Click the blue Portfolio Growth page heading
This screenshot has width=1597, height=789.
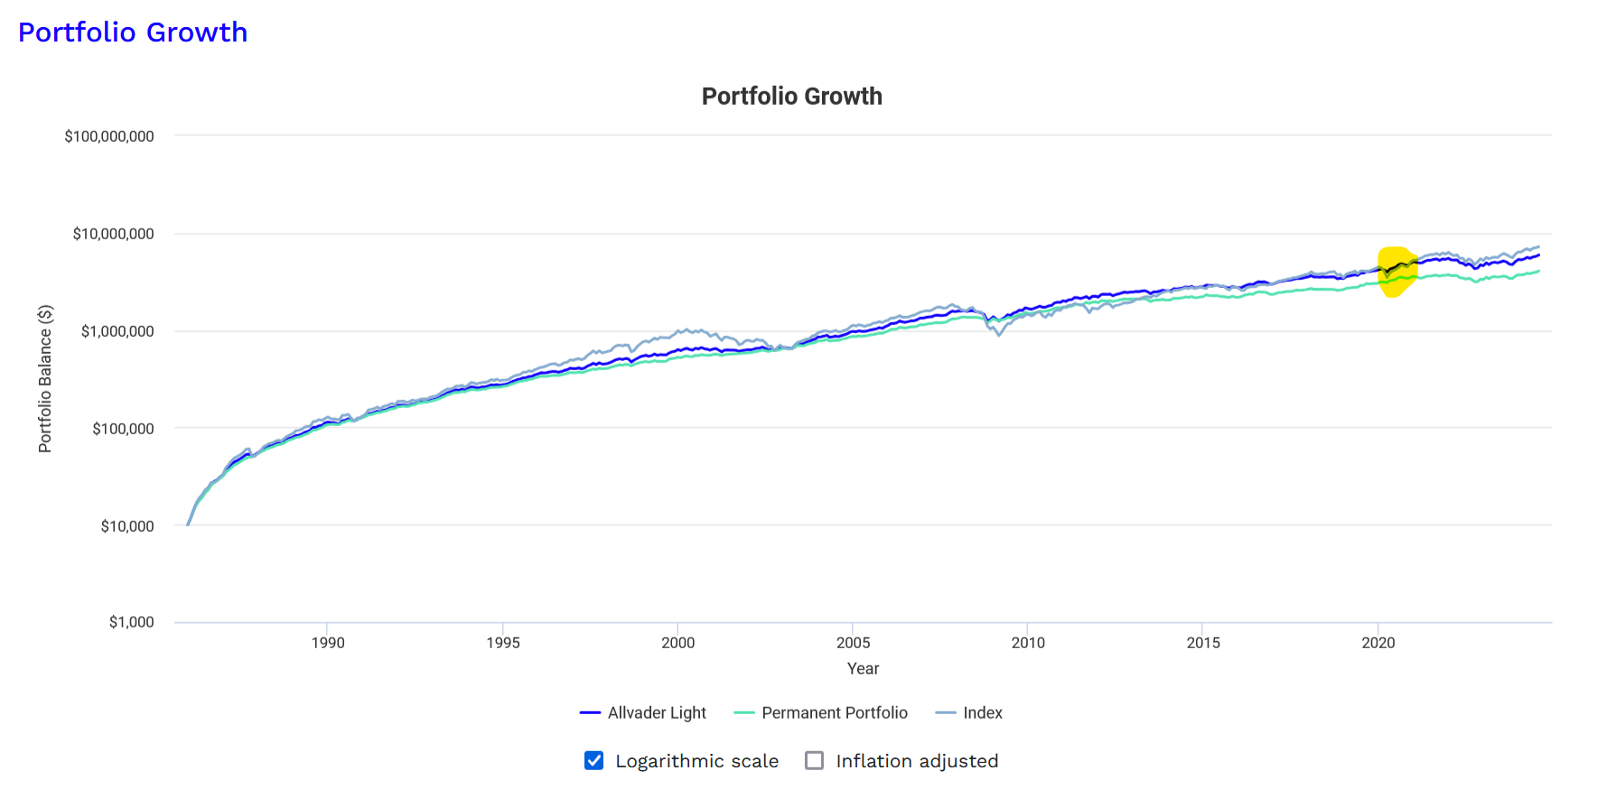click(x=133, y=32)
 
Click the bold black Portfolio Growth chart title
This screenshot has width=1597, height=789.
click(x=791, y=97)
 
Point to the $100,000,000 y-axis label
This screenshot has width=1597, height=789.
click(x=109, y=136)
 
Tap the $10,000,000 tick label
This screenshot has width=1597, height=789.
click(x=113, y=234)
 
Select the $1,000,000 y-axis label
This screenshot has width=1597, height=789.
click(x=117, y=331)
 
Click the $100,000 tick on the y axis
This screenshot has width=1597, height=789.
click(x=123, y=429)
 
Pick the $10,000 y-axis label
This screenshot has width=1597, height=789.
click(x=127, y=526)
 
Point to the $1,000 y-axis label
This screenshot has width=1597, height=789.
click(x=132, y=622)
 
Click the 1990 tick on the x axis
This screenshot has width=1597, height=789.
click(x=328, y=643)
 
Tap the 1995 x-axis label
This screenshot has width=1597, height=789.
click(x=503, y=643)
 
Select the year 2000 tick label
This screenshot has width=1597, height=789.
click(x=677, y=643)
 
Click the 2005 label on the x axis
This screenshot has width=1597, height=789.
click(x=853, y=643)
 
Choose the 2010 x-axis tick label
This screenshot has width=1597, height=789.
click(x=1028, y=643)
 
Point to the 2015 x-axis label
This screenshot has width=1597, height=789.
click(x=1203, y=643)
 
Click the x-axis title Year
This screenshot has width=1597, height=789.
click(x=863, y=669)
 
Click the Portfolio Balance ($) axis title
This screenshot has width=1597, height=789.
click(x=45, y=378)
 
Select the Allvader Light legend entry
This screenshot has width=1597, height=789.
click(x=643, y=713)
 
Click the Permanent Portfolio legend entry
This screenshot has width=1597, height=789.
click(x=821, y=713)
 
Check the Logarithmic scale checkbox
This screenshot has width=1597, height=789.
click(x=593, y=761)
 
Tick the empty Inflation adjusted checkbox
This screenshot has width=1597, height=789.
click(x=814, y=761)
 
